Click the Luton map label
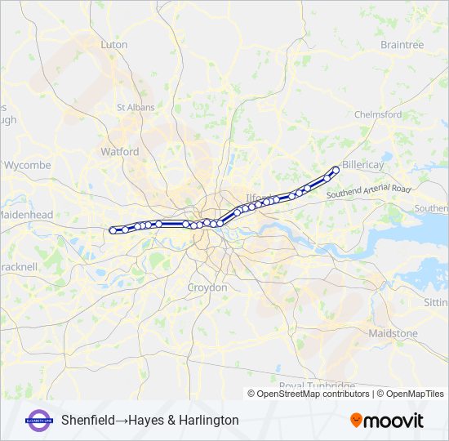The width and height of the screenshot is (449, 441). (114, 45)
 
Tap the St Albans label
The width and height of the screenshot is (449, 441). (131, 107)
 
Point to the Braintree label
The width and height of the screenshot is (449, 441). (402, 45)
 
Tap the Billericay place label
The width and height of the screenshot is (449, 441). (363, 165)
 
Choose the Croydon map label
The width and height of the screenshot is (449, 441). (207, 288)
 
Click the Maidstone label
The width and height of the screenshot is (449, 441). (393, 334)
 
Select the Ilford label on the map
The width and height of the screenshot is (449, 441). (256, 198)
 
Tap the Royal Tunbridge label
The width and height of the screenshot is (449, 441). (317, 385)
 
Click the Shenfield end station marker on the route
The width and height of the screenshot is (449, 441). (336, 170)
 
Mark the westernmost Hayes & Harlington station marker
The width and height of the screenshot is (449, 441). (113, 230)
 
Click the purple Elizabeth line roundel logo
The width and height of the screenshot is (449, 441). (39, 420)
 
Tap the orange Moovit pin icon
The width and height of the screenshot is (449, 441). (356, 420)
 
